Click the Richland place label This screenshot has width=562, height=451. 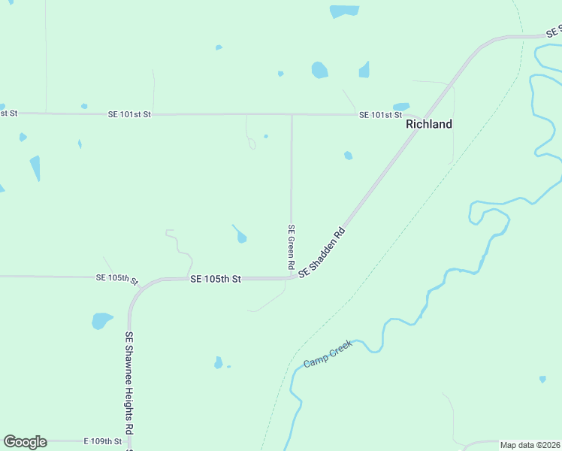429,124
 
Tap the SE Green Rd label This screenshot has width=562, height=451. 291,247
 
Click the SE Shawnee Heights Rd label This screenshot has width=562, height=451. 129,383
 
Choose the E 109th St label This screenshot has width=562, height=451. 102,440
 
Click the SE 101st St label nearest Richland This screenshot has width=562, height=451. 380,114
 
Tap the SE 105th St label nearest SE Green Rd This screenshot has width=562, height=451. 216,279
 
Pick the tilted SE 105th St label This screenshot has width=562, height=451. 117,278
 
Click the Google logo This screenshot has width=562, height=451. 25,442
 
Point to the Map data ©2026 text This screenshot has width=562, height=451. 530,445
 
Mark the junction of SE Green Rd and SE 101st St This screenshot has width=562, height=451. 292,115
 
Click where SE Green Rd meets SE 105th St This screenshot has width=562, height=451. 291,277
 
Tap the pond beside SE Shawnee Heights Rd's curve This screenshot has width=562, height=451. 101,321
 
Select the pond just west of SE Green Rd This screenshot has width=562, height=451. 241,238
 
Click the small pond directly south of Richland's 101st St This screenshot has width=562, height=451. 348,156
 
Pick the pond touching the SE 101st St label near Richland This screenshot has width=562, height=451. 401,107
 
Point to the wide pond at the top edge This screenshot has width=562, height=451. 344,11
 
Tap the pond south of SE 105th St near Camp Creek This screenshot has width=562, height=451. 218,363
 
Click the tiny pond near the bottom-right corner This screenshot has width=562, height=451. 542,379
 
